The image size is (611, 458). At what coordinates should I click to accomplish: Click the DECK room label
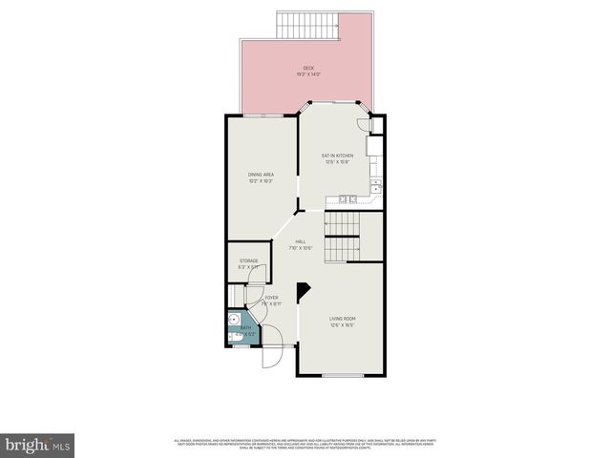[x=308, y=67]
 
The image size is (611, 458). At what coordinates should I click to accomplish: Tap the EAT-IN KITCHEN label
[x=339, y=155]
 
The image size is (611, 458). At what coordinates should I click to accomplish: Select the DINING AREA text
[x=261, y=175]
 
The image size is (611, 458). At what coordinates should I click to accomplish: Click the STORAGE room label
[x=248, y=260]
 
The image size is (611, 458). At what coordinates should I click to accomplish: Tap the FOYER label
[x=272, y=298]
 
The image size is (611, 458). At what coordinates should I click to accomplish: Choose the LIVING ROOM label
[x=343, y=318]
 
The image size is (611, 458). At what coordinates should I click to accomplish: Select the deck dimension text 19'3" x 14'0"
[x=308, y=73]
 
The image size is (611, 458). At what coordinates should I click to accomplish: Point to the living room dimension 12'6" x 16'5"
[x=343, y=324]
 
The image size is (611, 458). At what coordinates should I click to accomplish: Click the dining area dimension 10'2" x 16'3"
[x=261, y=181]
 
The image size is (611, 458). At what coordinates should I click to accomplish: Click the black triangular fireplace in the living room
[x=304, y=291]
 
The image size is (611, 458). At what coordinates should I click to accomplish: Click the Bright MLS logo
[x=38, y=445]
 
